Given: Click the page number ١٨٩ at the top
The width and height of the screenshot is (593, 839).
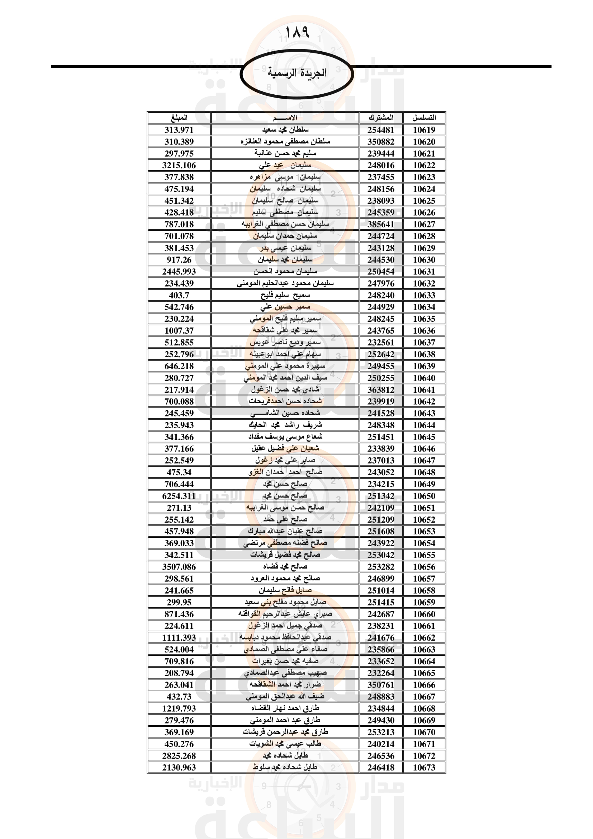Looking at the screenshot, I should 296,32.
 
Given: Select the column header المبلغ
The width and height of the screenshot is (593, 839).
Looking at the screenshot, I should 179,118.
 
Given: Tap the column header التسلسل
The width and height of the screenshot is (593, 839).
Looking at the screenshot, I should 424,118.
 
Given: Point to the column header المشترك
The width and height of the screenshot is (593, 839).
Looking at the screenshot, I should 381,118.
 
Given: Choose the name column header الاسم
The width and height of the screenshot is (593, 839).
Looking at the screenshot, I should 285,118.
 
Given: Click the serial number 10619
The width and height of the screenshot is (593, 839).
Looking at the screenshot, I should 424,130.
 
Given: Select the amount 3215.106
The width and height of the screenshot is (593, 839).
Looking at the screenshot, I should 179,165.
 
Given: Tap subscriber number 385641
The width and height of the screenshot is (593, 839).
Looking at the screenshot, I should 381,224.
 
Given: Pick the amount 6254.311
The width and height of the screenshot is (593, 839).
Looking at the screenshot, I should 179,496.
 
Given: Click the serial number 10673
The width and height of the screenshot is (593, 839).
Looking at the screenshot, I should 424,767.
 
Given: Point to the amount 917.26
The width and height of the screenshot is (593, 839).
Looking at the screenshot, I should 179,260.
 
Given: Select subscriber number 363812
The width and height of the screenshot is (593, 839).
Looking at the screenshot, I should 381,390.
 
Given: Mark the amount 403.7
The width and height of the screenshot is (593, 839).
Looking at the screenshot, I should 179,295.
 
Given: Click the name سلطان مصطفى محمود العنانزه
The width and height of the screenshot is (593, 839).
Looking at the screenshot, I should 285,141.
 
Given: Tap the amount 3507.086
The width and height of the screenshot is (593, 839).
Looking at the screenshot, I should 179,567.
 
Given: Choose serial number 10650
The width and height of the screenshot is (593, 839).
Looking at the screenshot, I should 424,496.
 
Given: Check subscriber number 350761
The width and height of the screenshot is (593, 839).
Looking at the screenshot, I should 381,685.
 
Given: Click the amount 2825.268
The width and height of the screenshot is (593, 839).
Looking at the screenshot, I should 179,756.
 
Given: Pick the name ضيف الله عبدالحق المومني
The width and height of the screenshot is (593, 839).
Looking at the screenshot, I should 285,697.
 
